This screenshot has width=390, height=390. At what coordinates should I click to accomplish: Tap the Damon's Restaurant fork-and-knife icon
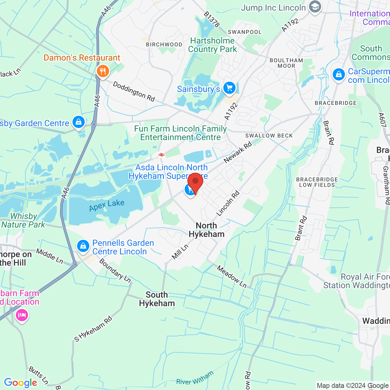coord(103,71)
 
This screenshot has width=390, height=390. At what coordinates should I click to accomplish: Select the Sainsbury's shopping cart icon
coord(229,88)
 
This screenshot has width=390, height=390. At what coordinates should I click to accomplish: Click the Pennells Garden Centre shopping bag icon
coord(83,246)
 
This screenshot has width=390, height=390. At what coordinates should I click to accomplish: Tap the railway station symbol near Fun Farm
coord(161,155)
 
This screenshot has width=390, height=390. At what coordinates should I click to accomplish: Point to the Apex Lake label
coord(107,206)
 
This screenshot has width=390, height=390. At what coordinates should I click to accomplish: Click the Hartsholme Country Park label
coord(212,45)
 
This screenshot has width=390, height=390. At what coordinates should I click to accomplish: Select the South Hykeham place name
coord(157,299)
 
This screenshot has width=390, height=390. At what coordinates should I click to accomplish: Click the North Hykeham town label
coord(207,230)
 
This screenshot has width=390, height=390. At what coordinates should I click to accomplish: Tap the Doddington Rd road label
coord(134,91)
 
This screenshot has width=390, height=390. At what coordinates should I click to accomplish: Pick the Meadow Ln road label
coord(232,276)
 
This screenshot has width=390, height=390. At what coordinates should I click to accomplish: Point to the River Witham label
coord(195,378)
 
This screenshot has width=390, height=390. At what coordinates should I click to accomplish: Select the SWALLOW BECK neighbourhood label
coord(269,136)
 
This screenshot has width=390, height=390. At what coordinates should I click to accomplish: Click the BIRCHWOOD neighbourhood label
coord(164,44)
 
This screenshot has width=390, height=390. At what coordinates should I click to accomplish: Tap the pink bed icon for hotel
coord(22,315)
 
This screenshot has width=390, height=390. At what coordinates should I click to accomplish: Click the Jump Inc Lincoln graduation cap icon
coord(315,7)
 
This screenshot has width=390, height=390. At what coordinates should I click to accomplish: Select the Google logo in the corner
coord(20,383)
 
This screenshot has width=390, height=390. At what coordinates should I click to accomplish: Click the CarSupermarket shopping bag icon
coord(339,74)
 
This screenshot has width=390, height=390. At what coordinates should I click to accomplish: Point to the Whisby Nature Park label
coord(23,220)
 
